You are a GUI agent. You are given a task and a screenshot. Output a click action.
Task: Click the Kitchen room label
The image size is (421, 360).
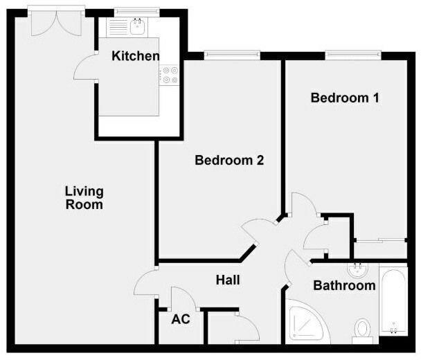[136, 57]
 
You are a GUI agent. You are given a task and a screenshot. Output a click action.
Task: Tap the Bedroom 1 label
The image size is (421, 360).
[345, 98]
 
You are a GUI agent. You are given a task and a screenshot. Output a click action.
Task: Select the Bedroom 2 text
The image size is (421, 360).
[229, 160]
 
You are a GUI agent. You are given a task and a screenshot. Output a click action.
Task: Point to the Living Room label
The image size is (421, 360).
[84, 198]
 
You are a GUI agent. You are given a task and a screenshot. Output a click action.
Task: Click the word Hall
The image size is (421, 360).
[228, 280]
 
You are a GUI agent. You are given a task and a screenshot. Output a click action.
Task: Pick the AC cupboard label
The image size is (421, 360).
[181, 320]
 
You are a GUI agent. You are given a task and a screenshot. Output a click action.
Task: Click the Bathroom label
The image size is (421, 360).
[344, 285]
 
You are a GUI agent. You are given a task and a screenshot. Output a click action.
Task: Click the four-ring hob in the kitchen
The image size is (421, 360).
[170, 75]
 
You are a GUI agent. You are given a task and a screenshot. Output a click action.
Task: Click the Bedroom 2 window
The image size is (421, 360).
[232, 54]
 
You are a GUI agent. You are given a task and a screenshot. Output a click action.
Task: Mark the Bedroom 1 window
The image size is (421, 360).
[353, 54]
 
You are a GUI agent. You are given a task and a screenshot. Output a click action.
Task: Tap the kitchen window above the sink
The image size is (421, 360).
[135, 11]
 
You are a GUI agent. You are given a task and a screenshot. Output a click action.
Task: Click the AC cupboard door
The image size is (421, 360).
[179, 298]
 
